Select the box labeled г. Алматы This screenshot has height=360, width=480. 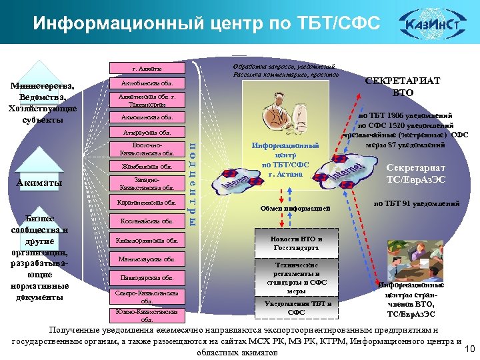pyautogui.click(x=147, y=68)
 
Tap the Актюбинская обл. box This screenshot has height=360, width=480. pyautogui.click(x=147, y=84)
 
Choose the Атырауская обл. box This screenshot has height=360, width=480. pyautogui.click(x=147, y=131)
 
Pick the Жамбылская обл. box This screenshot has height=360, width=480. pyautogui.click(x=147, y=166)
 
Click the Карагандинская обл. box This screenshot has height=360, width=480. pyautogui.click(x=147, y=201)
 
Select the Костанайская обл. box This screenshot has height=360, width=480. pyautogui.click(x=147, y=221)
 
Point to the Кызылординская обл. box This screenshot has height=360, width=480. pyautogui.click(x=147, y=240)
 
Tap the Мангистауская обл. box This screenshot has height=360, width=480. pyautogui.click(x=147, y=259)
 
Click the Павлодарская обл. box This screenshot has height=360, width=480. pyautogui.click(x=147, y=277)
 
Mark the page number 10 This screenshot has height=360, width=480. pyautogui.click(x=468, y=349)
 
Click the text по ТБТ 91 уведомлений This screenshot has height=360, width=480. pyautogui.click(x=415, y=203)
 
